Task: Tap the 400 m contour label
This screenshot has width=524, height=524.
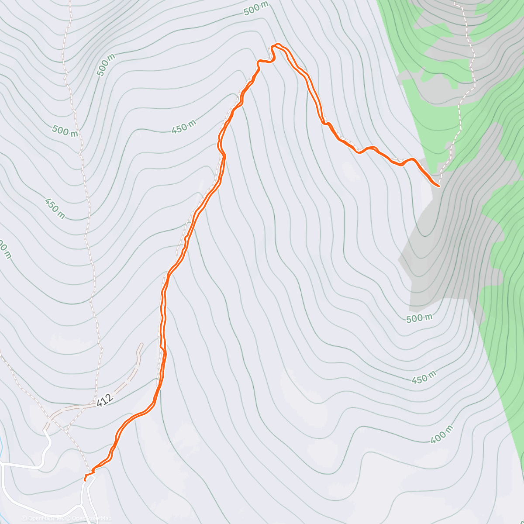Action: click(x=441, y=434)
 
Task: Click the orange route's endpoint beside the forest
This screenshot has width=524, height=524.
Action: click(x=438, y=186)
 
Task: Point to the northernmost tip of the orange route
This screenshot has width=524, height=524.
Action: click(x=277, y=44)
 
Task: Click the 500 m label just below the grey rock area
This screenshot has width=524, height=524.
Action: click(x=419, y=318)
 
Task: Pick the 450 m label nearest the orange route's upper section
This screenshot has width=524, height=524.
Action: click(x=184, y=128)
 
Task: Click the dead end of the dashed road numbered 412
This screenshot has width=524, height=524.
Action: click(x=141, y=345)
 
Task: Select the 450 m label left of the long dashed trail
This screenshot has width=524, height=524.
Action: click(x=55, y=208)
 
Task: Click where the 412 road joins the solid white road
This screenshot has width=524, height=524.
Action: click(x=45, y=430)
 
